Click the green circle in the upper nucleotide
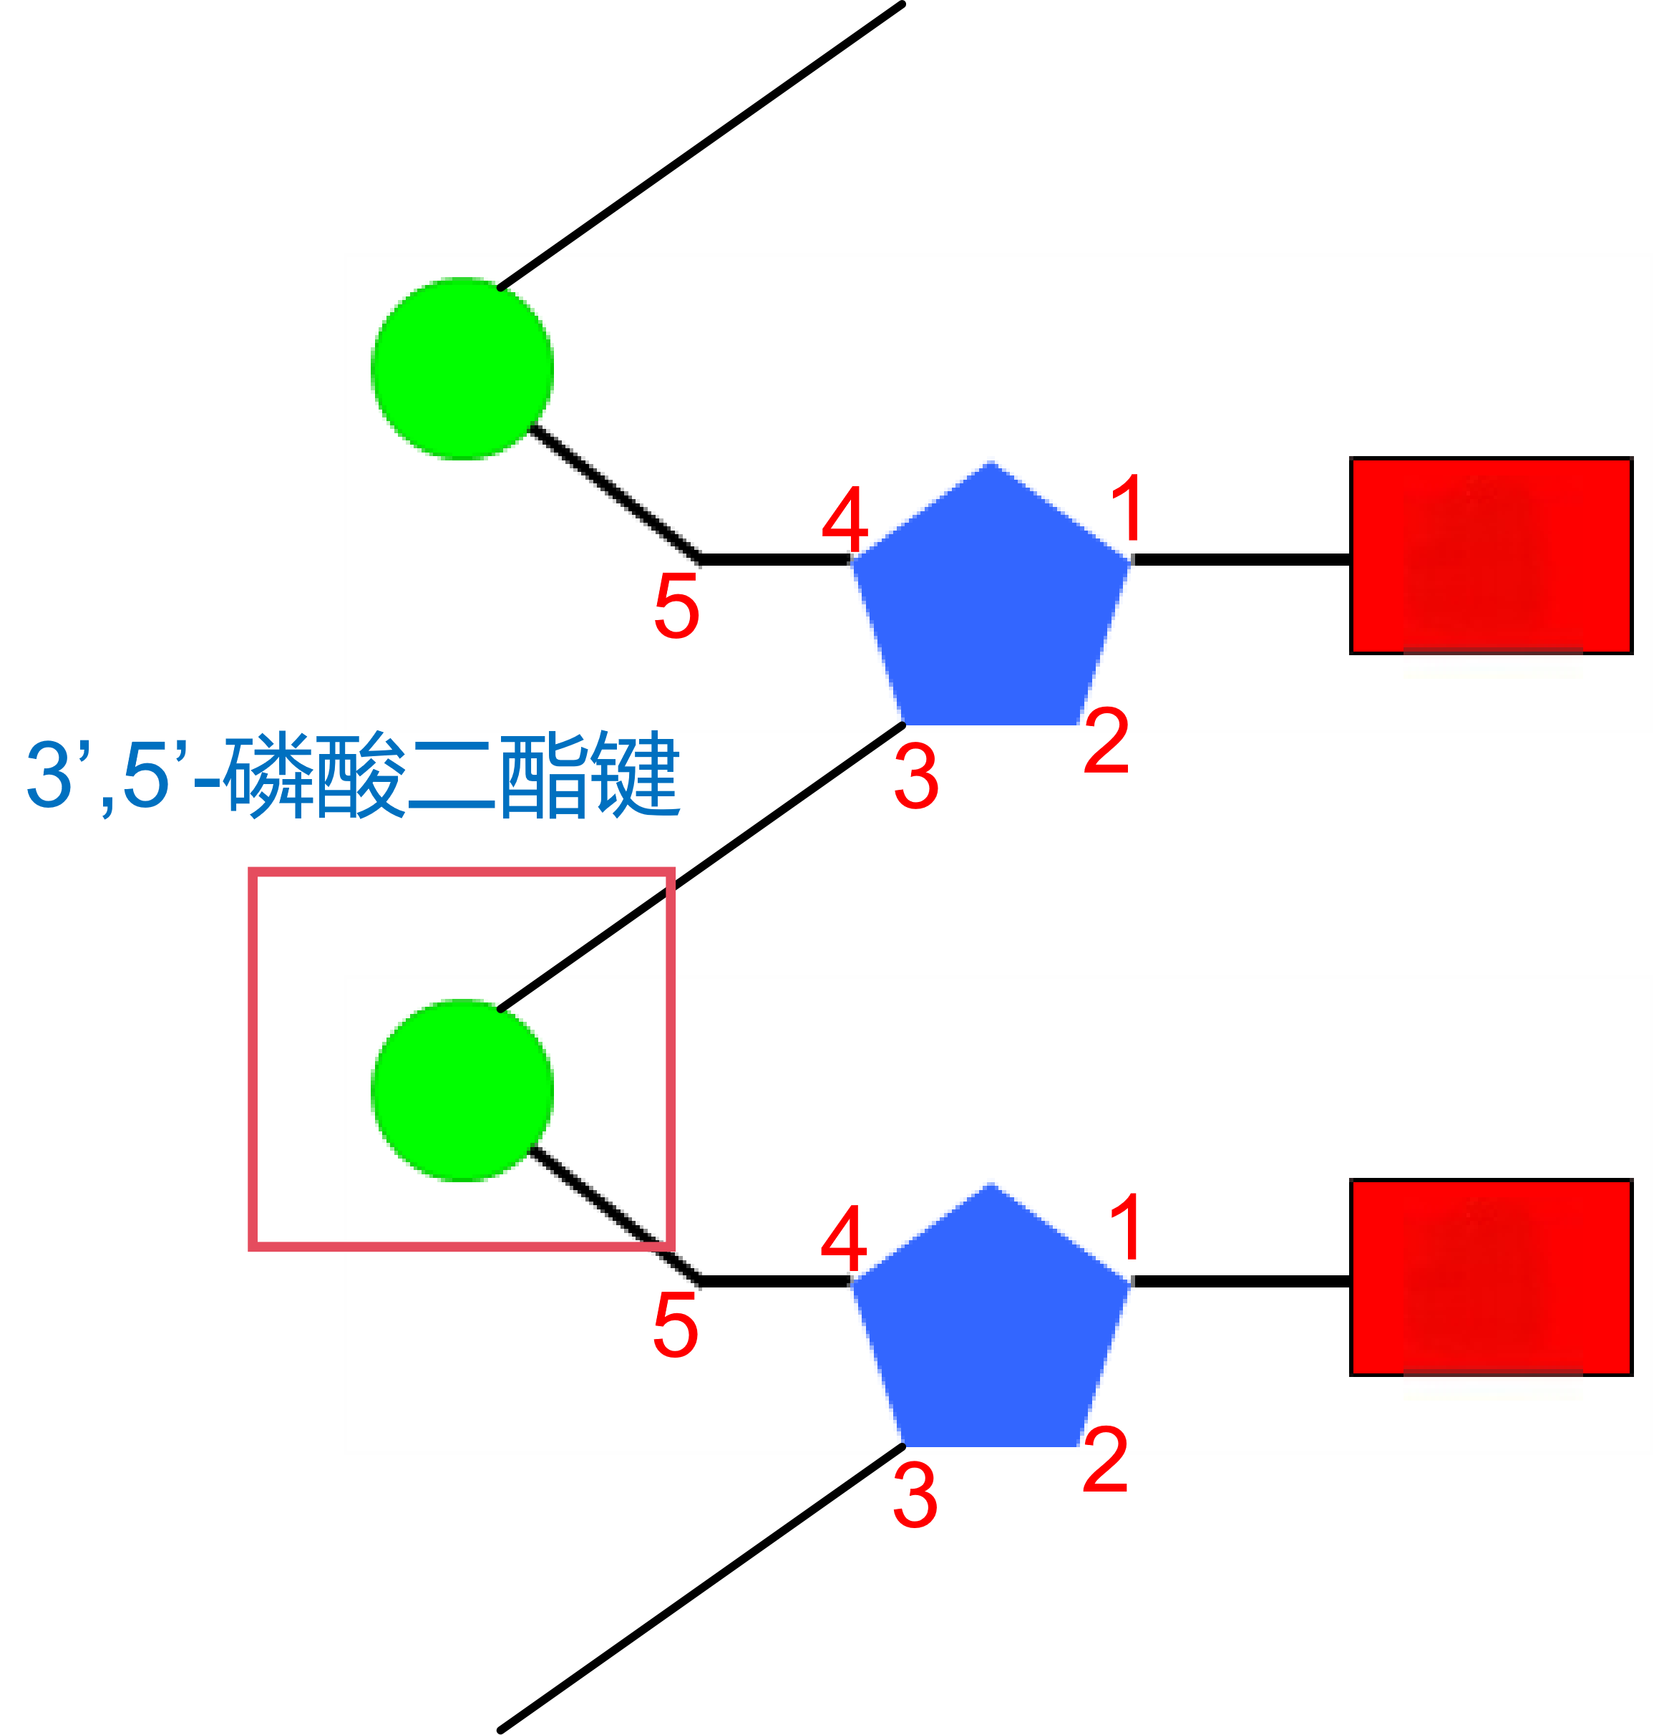[462, 369]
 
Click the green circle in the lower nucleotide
[462, 1091]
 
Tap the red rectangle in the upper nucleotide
[1491, 556]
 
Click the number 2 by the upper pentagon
[1106, 741]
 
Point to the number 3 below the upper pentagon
[916, 776]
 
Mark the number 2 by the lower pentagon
[1106, 1461]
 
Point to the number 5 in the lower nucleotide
[676, 1325]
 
